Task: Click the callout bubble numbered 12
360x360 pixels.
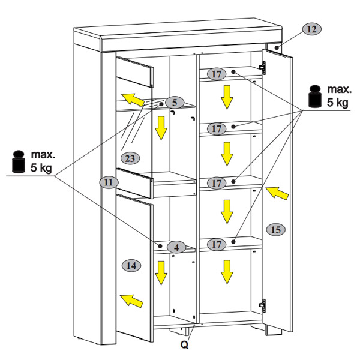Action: pos(312,29)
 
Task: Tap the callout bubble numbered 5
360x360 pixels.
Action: pos(173,103)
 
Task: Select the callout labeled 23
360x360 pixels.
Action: pos(130,158)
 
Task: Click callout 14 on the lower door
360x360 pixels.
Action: pos(133,264)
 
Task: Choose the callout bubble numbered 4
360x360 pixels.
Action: pos(176,247)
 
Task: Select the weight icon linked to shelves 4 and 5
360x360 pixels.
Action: pos(18,160)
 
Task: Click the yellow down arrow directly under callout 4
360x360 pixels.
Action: pos(161,273)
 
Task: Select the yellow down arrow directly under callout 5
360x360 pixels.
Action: pos(160,128)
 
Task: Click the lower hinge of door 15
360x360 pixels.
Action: pos(262,305)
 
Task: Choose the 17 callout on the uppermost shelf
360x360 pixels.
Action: pos(217,74)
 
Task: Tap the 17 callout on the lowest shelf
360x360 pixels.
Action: pos(217,244)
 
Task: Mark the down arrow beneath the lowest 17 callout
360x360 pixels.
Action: pos(226,271)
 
